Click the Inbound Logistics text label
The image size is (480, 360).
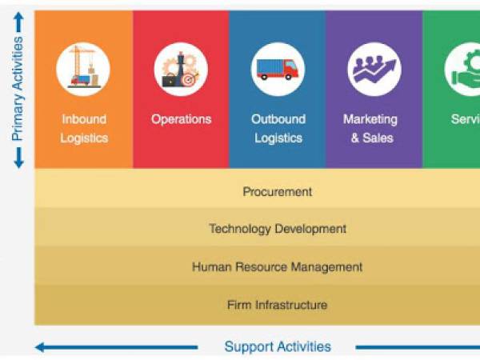click(84, 128)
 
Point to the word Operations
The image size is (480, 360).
click(181, 119)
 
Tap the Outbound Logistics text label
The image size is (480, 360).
click(278, 128)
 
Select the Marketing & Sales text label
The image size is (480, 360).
click(370, 128)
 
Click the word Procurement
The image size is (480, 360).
click(277, 192)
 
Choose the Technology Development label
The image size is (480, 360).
click(277, 229)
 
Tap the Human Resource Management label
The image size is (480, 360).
click(277, 267)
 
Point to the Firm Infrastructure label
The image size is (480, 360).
click(277, 305)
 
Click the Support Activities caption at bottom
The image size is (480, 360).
click(277, 346)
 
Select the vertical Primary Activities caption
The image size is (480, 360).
click(18, 88)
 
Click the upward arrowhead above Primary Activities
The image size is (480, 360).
click(18, 19)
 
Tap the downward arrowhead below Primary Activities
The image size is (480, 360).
click(18, 160)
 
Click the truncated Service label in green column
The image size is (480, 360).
click(466, 119)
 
